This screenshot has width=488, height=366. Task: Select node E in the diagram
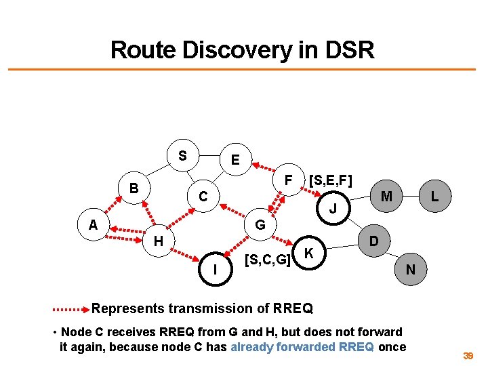(x=235, y=161)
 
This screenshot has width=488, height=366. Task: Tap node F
(x=287, y=181)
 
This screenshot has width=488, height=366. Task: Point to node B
(x=134, y=188)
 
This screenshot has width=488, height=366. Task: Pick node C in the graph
(x=202, y=197)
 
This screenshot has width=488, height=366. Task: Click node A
(x=91, y=224)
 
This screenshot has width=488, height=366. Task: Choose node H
(x=158, y=240)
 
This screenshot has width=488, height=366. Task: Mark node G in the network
(x=260, y=224)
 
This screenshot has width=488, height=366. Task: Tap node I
(x=215, y=269)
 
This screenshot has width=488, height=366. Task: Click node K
(x=308, y=254)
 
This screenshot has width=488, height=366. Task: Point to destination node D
(x=373, y=241)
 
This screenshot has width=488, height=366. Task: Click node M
(x=387, y=197)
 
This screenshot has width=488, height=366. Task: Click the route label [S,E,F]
(x=330, y=181)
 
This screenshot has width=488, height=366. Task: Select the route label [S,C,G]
(x=268, y=259)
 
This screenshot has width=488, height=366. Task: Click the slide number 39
(x=468, y=355)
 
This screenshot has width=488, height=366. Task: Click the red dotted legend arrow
(x=71, y=309)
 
